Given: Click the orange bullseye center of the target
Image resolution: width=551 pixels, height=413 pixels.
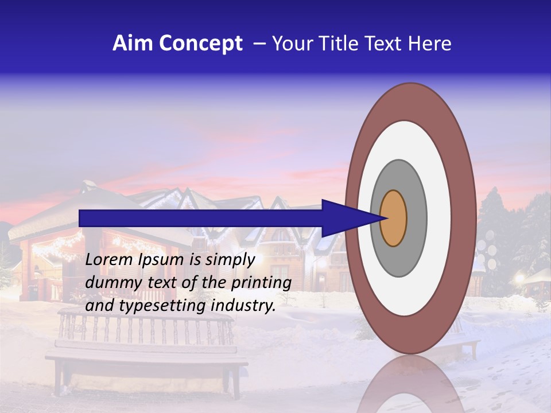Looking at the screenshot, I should point(393,219).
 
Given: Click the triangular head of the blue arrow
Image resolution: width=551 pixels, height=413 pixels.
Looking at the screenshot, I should point(344,218).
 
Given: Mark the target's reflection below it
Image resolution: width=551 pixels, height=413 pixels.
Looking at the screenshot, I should point(410,384).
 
